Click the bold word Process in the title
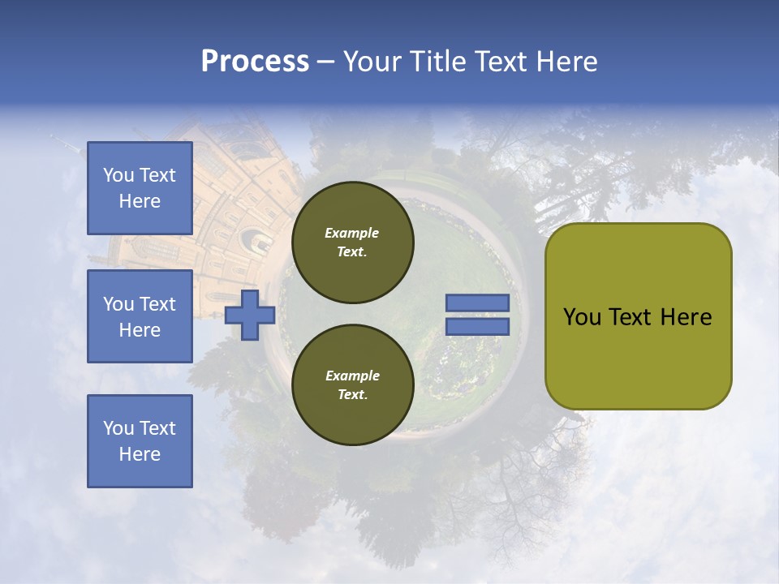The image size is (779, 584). point(255,62)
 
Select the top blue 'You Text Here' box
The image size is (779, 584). point(140,188)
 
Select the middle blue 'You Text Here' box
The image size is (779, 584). point(140,316)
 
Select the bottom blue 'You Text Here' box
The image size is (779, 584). point(140,441)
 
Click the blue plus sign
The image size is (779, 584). point(249,315)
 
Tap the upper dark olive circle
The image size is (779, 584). point(353,243)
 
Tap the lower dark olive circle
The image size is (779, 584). point(353,385)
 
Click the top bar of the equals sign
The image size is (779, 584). point(477,303)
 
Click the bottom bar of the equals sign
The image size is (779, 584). point(477,326)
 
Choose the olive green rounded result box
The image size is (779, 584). point(638,316)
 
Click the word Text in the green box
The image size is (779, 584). point(635,317)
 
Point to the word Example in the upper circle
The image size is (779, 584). point(351,233)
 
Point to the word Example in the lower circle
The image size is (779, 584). point(351,376)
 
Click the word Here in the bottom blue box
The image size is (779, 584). point(140,454)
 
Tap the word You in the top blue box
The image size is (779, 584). point(118,175)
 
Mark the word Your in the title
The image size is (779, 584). point(373,62)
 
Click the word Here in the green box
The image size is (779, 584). point(687,317)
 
